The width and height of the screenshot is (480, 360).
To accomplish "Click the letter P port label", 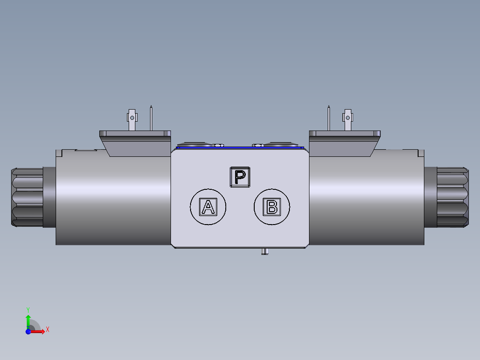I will coord(240,177).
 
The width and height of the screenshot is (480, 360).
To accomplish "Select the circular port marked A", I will coord(208,207).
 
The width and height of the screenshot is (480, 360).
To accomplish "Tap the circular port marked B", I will coord(272,207).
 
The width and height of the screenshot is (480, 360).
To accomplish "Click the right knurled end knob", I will coord(452,197).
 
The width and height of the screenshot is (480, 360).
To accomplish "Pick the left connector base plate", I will coord(134,134).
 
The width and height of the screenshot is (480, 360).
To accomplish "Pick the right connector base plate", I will coord(345,134).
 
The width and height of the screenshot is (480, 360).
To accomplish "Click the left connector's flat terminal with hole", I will coord(132,118).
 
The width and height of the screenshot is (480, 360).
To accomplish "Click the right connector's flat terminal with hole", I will coord(347,118).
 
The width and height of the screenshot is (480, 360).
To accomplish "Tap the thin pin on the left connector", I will coord(151,118).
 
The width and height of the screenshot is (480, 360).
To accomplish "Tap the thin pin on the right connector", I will coord(329,118).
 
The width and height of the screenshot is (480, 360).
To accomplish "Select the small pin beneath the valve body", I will coord(264,252).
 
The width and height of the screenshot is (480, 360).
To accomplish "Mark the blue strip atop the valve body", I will coord(240,147).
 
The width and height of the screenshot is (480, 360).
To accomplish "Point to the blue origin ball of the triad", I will coord(28,331).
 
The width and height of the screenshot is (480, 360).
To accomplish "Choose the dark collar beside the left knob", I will coord(49,197).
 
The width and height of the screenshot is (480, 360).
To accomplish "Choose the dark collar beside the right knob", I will coord(430,197).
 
